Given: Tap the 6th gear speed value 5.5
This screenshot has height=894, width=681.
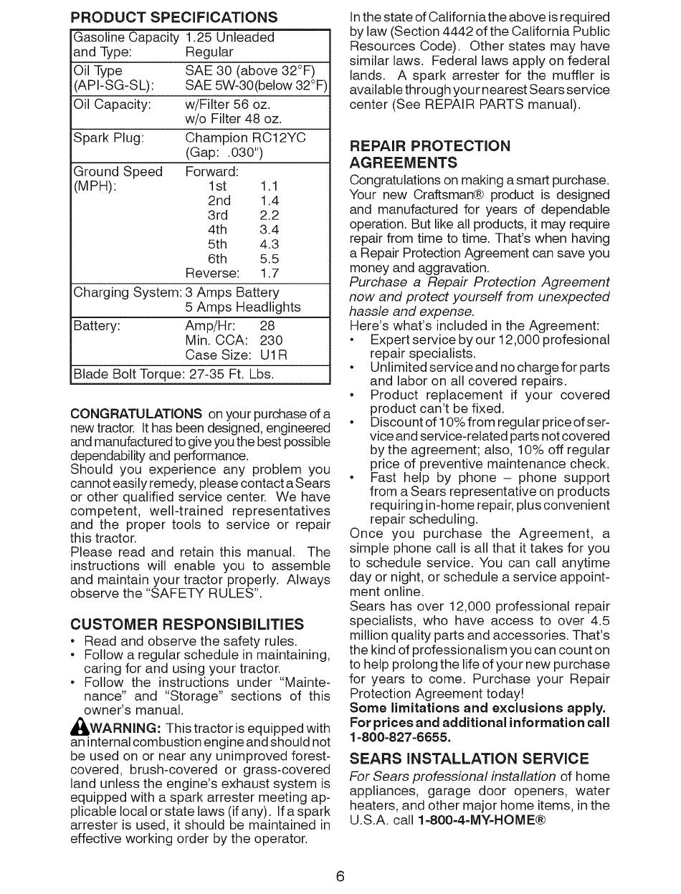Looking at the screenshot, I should point(269,259).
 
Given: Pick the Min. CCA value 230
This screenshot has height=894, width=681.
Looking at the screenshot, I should point(271,340).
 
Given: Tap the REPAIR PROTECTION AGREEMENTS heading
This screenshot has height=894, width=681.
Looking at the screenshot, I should point(430,154).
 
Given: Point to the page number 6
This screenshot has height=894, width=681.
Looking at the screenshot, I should point(340,876).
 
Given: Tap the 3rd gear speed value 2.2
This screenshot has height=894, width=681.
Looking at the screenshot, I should point(269,215).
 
